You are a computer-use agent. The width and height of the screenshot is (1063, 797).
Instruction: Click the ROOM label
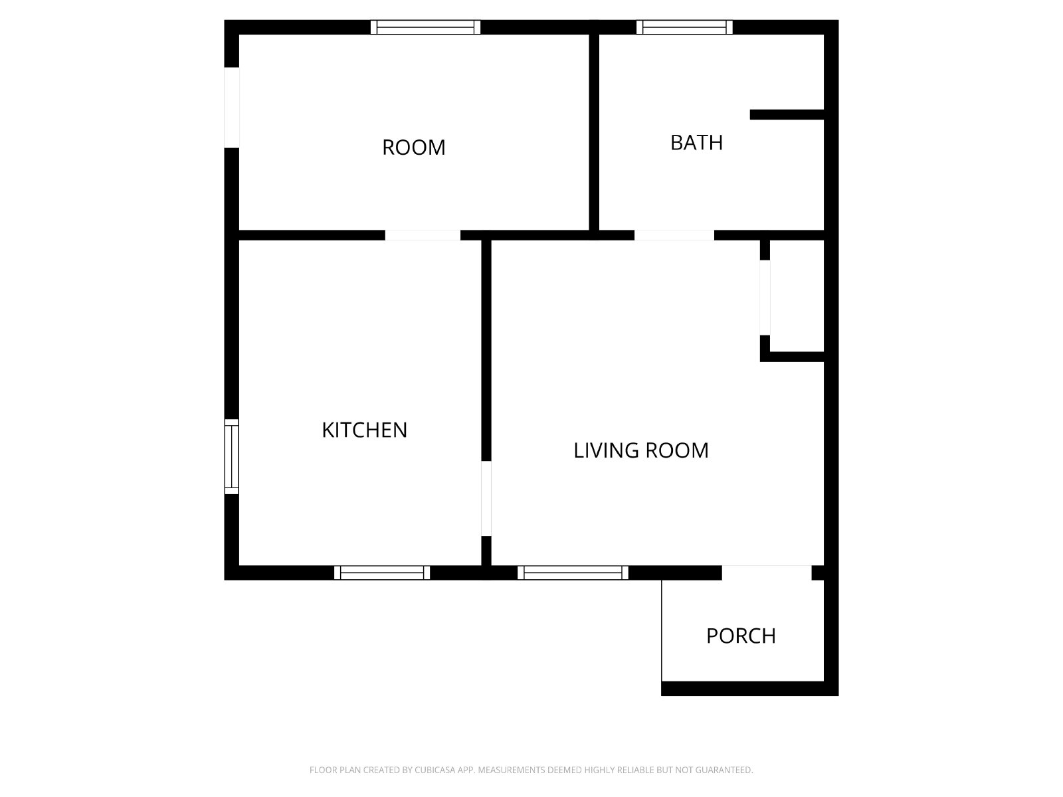pos(414,147)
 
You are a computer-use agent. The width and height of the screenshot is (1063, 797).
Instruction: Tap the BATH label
pos(696,143)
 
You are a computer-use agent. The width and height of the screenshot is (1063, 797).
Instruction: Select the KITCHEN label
pos(364,430)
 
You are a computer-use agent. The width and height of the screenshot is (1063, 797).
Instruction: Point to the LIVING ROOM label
pos(640,450)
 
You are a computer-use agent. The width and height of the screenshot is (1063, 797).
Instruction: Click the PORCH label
pos(741,636)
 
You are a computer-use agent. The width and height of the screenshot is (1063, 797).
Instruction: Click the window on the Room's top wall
pos(425,27)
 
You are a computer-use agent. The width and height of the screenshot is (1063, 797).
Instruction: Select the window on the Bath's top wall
pos(684,27)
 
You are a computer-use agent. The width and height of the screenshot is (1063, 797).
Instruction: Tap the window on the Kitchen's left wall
pos(231,457)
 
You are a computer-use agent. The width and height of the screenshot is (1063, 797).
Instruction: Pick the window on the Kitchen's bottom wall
pos(381,573)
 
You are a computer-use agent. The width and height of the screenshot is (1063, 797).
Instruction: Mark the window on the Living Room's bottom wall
pos(573,573)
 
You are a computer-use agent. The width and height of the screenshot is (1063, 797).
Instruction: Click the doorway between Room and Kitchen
pos(423,235)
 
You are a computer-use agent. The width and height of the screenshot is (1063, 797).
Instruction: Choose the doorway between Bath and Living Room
pos(674,235)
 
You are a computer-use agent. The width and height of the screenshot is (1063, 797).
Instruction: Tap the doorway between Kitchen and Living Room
pos(486,498)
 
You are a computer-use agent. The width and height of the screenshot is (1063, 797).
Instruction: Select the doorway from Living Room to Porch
pos(767,573)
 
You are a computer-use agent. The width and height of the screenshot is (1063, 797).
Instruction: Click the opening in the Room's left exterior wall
pos(231,108)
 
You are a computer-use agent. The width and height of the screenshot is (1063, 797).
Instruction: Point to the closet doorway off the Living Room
pos(765,298)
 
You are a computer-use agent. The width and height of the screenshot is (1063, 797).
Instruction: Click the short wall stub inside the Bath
pos(787,115)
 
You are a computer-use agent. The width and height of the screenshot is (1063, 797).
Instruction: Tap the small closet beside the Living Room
pos(797,296)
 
